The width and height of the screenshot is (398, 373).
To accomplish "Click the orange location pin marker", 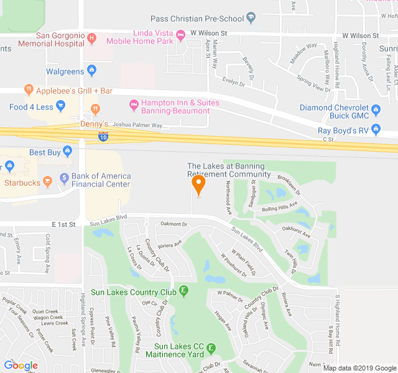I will click(x=198, y=185).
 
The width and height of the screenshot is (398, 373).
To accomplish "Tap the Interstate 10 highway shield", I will click(x=101, y=137).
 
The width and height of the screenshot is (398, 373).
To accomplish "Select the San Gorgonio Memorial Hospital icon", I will click(x=92, y=39).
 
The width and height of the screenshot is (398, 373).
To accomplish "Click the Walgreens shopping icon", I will click(x=92, y=71).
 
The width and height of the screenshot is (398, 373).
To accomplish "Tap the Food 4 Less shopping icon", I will click(x=60, y=106).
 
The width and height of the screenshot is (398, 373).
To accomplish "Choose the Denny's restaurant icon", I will click(x=95, y=109).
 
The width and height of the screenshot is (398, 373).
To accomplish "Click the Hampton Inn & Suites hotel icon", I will click(x=132, y=103).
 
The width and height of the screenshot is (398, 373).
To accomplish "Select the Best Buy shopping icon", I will click(x=67, y=152).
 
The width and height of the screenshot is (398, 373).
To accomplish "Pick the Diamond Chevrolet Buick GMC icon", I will click(x=376, y=111).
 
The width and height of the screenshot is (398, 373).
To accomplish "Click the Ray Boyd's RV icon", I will click(x=376, y=130).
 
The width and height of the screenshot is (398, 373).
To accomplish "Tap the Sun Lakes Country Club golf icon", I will click(x=183, y=291).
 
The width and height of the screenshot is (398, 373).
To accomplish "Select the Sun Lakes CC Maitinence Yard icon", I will click(x=211, y=348).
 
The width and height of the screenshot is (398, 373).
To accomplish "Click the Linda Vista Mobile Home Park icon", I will click(x=181, y=36).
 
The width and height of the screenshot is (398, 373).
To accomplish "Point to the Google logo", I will click(x=21, y=366).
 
